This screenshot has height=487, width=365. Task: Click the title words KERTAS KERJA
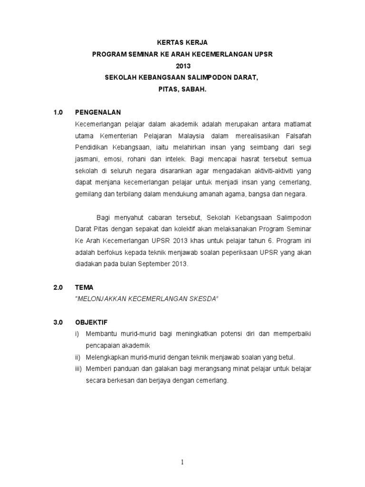point(182,43)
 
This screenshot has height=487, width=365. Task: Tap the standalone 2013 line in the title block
point(182,66)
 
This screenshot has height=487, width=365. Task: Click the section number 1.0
point(58,113)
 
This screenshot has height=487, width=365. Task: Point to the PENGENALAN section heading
point(98,113)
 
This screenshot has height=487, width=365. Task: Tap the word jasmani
point(86,159)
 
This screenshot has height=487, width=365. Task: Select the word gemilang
point(88,194)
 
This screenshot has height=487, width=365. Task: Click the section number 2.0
point(58,287)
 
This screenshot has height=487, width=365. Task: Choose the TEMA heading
point(84,287)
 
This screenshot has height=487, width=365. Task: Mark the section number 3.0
point(58,322)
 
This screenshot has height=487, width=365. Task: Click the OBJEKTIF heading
point(92,322)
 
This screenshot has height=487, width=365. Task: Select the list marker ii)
point(79,357)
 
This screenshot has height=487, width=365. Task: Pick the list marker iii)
point(79,369)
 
